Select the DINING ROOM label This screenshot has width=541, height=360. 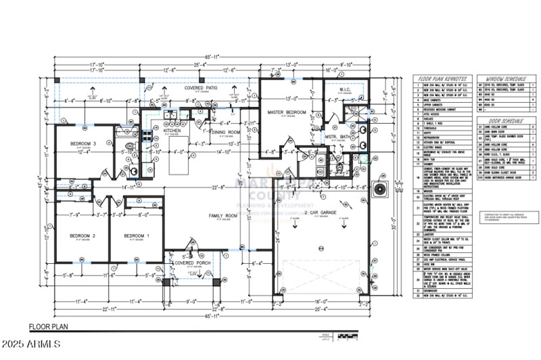(x=225, y=132)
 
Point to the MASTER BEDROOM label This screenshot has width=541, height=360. (x=287, y=112)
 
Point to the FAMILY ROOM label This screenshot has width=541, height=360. (x=221, y=215)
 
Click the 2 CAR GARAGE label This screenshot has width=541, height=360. (x=321, y=212)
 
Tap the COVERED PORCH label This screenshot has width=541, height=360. (x=190, y=263)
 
